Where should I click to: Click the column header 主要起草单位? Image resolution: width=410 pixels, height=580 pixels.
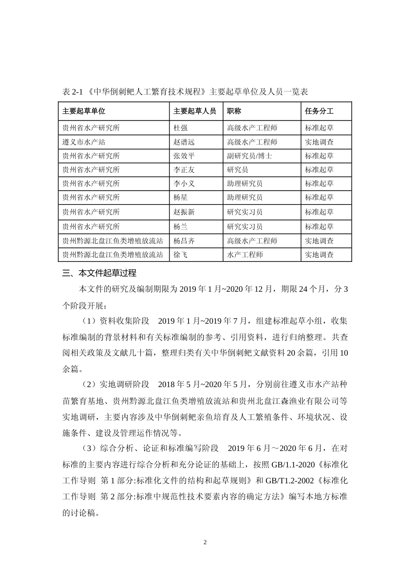(x=84, y=111)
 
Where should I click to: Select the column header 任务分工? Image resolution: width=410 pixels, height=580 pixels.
(x=319, y=111)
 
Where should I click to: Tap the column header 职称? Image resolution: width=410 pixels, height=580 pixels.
(x=234, y=111)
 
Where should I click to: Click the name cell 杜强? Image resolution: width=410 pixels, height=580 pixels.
(x=180, y=128)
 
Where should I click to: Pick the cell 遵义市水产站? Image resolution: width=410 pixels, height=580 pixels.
(x=84, y=142)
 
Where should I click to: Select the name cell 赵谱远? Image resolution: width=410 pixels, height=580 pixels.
(x=184, y=142)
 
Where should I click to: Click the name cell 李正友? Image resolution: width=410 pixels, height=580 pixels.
(x=184, y=170)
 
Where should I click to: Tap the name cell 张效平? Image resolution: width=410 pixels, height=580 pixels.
(x=184, y=156)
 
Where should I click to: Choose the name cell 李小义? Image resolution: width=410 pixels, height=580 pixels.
(x=184, y=183)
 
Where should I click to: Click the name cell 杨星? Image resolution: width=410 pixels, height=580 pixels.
(x=180, y=197)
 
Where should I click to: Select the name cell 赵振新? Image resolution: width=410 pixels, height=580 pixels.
(x=184, y=212)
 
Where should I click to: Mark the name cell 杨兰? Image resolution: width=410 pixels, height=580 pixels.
(x=180, y=227)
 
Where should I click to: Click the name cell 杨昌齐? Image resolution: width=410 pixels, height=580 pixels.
(x=184, y=241)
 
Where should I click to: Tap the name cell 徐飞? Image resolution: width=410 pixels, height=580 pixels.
(x=180, y=255)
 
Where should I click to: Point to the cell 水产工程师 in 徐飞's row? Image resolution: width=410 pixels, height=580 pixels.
(x=245, y=255)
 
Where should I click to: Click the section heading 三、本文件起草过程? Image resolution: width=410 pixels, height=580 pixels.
(x=99, y=273)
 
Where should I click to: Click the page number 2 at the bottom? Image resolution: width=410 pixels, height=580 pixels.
(x=205, y=542)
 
